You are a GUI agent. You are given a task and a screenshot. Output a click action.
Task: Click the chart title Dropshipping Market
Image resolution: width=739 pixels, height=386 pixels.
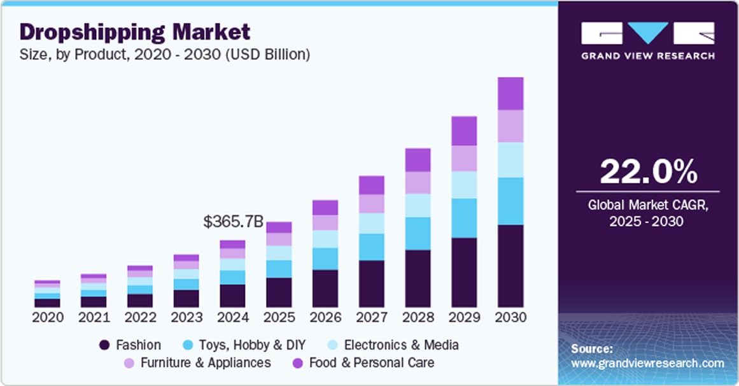click(x=135, y=31)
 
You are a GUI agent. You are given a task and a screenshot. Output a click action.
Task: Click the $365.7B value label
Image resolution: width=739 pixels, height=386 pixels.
click(x=232, y=222)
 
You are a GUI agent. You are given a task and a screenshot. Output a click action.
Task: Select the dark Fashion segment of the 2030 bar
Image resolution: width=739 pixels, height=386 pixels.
click(x=510, y=266)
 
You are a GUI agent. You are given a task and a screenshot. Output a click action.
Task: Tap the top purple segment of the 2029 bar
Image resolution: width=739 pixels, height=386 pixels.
click(x=464, y=131)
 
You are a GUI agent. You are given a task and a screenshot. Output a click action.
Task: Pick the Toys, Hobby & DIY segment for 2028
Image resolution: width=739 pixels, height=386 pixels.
click(x=418, y=233)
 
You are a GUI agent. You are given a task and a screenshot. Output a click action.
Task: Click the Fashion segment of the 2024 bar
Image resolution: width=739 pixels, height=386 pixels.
click(x=232, y=296)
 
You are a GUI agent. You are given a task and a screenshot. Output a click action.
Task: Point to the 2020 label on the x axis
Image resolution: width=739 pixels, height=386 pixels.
click(x=48, y=317)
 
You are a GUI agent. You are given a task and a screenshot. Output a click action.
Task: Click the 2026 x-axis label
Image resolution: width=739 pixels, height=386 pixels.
click(x=325, y=317)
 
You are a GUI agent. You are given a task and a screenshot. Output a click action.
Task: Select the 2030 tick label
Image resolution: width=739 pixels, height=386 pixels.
click(x=510, y=317)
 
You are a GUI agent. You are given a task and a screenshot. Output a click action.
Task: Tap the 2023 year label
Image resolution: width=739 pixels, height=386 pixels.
click(x=187, y=317)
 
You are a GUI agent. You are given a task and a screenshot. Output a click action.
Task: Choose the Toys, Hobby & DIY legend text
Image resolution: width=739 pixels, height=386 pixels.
click(x=253, y=345)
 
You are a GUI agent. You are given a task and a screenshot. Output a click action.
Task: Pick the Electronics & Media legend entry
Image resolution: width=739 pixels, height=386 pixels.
click(x=401, y=345)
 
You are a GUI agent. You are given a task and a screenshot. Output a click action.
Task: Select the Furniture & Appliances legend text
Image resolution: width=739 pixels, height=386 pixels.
click(x=206, y=363)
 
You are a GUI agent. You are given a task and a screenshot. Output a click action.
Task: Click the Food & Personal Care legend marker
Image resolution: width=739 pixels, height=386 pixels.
click(x=297, y=363)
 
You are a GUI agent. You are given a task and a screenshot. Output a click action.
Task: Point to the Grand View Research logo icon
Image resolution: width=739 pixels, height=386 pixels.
click(x=648, y=33)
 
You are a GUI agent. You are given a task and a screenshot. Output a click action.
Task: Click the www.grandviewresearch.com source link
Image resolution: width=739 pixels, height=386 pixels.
click(x=647, y=363)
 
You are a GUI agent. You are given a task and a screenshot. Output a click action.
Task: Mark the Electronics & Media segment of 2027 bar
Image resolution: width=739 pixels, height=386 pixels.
click(x=371, y=223)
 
